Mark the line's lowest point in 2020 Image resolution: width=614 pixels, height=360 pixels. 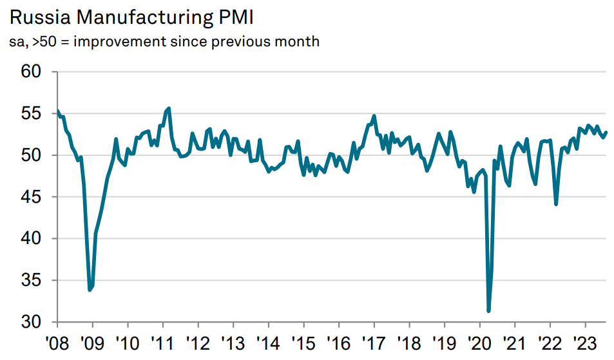(488, 311)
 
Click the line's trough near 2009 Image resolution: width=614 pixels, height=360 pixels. (90, 290)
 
